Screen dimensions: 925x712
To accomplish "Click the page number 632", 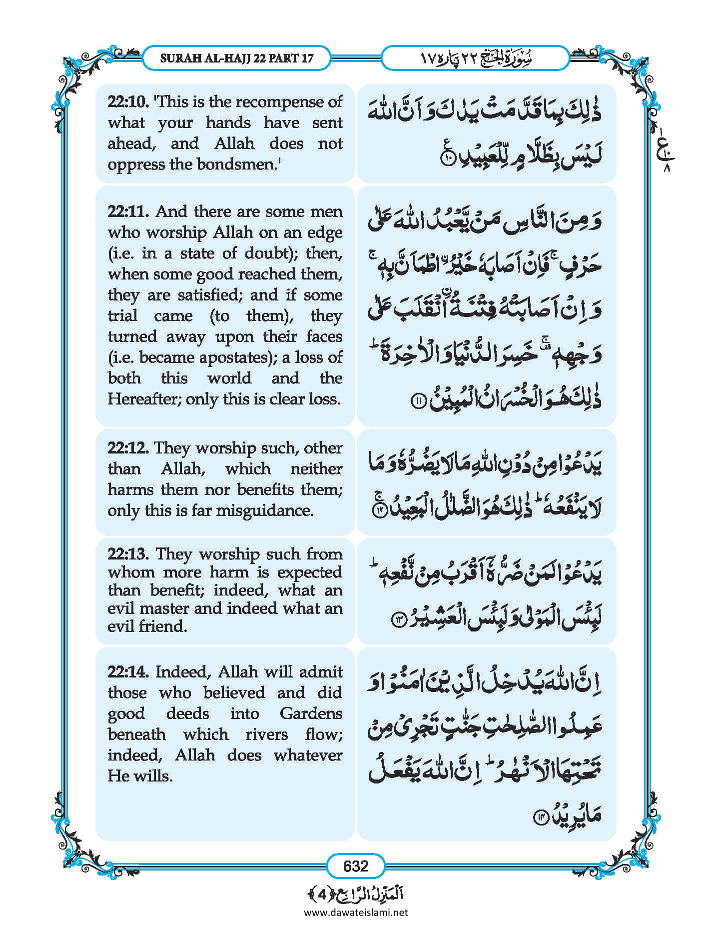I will click(x=356, y=865).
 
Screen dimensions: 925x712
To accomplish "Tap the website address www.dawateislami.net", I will click(x=356, y=912).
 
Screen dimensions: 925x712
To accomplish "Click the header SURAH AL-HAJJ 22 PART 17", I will click(x=237, y=58).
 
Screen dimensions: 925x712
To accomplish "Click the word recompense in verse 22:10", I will click(x=278, y=102).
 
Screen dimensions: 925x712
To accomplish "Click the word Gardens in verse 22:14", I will click(x=311, y=713).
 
